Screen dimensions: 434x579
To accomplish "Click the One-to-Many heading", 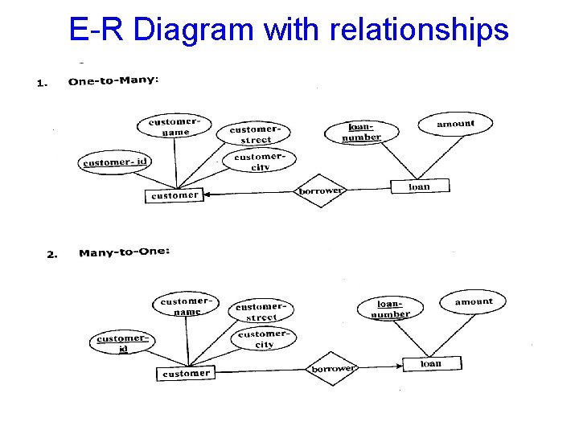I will pos(113,80).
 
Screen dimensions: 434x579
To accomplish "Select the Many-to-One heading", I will pos(124,253).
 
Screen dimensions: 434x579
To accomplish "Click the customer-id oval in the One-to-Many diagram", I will pos(115,162).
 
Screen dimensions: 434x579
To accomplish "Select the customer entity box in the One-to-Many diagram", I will pos(175,194).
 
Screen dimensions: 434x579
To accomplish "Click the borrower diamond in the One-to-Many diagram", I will pos(320,191).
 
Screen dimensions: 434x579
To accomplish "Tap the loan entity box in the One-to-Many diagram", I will pos(419,186).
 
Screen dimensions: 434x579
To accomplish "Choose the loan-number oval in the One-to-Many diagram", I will pos(361,133).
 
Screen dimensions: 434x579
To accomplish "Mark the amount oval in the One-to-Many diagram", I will pos(455,124).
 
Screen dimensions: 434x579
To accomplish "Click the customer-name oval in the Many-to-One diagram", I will pos(187,306).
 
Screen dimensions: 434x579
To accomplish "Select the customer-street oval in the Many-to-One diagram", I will pos(261,312).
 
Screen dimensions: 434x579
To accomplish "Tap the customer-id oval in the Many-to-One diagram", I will pos(121,342).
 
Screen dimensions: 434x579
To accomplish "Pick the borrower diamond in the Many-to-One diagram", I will pos(332,369).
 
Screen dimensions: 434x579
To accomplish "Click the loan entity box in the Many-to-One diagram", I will pos(430,363).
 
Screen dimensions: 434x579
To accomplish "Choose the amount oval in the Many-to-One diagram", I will pos(473,302).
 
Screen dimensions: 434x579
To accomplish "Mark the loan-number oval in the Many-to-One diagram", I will pos(391,309).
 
